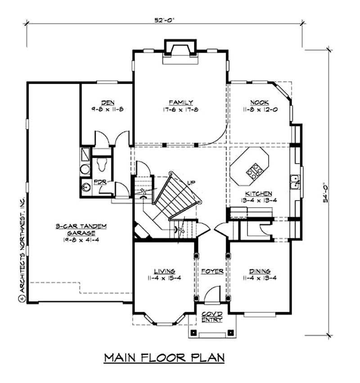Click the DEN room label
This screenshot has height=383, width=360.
106,102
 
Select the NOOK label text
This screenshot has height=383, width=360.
258,102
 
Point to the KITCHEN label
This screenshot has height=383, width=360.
256,193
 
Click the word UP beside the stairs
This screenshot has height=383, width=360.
191,183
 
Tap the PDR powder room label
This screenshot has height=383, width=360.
99,182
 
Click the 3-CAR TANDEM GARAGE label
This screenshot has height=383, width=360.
81,230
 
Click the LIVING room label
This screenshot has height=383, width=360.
161,271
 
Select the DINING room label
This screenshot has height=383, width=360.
260,271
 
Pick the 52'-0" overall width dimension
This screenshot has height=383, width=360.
165,20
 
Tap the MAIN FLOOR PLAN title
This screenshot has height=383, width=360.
164,357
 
